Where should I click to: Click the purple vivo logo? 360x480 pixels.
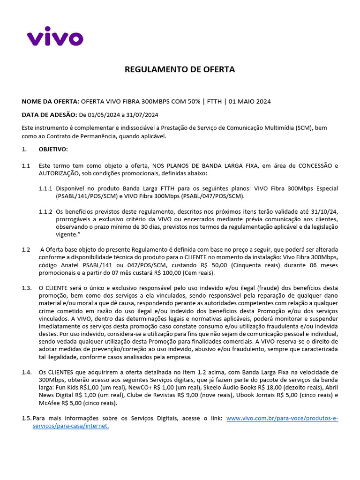coord(55,36)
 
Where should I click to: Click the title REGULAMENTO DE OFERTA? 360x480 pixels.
coord(180,70)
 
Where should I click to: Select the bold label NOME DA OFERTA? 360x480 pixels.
coord(51,102)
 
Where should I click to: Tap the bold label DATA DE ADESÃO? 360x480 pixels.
coord(49,114)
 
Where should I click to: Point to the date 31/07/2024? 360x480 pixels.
coord(141,114)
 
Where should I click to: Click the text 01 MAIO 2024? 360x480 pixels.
coord(250,102)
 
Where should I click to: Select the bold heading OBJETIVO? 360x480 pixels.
coord(53,150)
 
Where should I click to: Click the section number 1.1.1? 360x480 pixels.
coord(45,188)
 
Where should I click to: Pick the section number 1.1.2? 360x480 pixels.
coord(45,211)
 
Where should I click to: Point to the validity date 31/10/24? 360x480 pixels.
coord(324,211)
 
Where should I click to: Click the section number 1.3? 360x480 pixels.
coord(27,288)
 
